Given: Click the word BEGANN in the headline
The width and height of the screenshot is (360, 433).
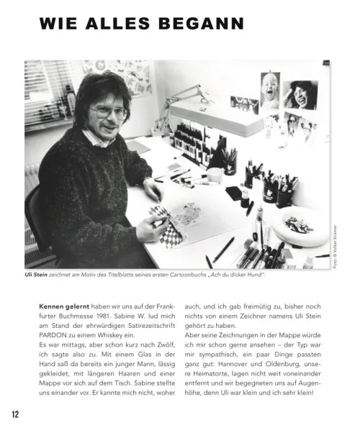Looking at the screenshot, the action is pyautogui.click(x=203, y=24).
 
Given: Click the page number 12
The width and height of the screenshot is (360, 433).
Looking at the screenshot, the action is pyautogui.click(x=15, y=414).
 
